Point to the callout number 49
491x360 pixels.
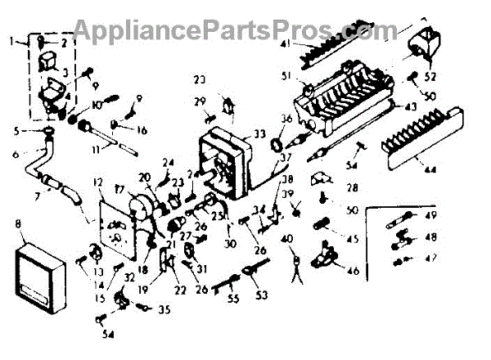[432, 215]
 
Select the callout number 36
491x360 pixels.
[286, 118]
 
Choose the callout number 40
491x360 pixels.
[286, 238]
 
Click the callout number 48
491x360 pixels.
[431, 237]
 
